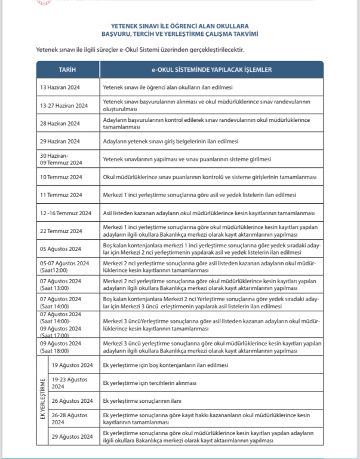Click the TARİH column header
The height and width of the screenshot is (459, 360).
click(67, 70)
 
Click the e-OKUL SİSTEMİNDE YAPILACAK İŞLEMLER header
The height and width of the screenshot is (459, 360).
click(211, 70)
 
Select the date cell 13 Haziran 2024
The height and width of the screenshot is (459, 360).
click(60, 87)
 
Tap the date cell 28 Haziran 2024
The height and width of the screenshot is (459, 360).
click(60, 123)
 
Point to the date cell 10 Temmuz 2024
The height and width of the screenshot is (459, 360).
click(61, 178)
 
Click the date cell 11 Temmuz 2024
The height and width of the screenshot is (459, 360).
click(61, 195)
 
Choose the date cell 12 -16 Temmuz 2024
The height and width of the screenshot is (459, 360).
click(66, 213)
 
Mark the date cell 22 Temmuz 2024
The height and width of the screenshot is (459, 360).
click(61, 231)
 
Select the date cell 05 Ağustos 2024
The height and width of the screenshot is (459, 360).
click(61, 249)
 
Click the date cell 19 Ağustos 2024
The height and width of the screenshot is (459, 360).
click(73, 365)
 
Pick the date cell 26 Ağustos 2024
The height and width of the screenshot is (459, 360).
click(73, 400)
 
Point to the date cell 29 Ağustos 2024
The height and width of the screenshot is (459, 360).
click(73, 437)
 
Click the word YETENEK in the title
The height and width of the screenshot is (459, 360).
click(124, 27)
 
